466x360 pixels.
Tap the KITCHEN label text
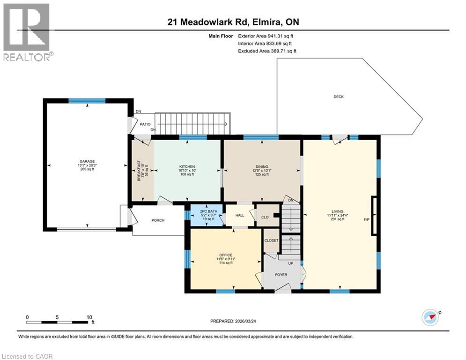187,166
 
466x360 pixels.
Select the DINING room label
262,166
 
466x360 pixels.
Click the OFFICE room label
226,255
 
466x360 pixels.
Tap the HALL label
239,216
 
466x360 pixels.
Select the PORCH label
158,220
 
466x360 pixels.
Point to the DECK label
339,97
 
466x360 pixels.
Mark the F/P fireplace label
366,219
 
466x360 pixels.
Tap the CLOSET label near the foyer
271,240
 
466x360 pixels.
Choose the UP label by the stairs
290,263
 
